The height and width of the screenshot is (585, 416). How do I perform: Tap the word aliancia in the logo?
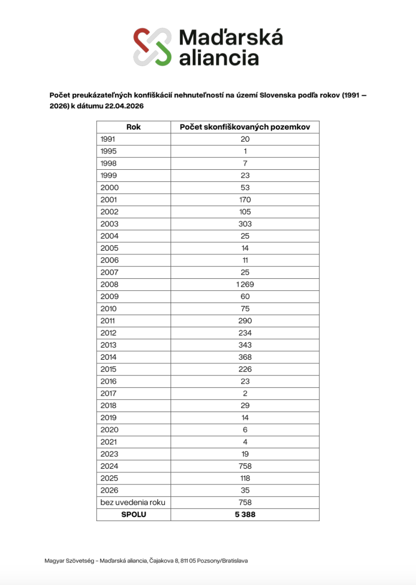pos(219,57)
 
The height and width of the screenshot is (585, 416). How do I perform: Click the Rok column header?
pos(133,127)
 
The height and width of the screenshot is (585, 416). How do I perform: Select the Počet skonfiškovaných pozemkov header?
pos(245,127)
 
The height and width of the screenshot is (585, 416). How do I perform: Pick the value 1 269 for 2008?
pos(245,285)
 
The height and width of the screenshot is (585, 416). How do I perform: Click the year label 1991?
pos(108,139)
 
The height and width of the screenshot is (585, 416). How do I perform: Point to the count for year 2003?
pos(245,224)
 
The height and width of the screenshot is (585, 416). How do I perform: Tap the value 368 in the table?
pos(245,357)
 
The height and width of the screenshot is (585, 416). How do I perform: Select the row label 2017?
pos(109,394)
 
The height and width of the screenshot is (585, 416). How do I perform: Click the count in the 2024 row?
pos(245,466)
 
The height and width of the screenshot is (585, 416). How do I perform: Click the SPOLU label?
pos(133,515)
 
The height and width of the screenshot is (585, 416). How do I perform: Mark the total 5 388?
pos(245,515)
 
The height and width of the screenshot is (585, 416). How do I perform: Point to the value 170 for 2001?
pos(245,200)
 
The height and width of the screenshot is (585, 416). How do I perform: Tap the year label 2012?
pos(109,333)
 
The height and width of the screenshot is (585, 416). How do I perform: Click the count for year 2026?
pos(245,490)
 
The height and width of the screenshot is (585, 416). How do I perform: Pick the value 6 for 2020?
pos(245,430)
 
